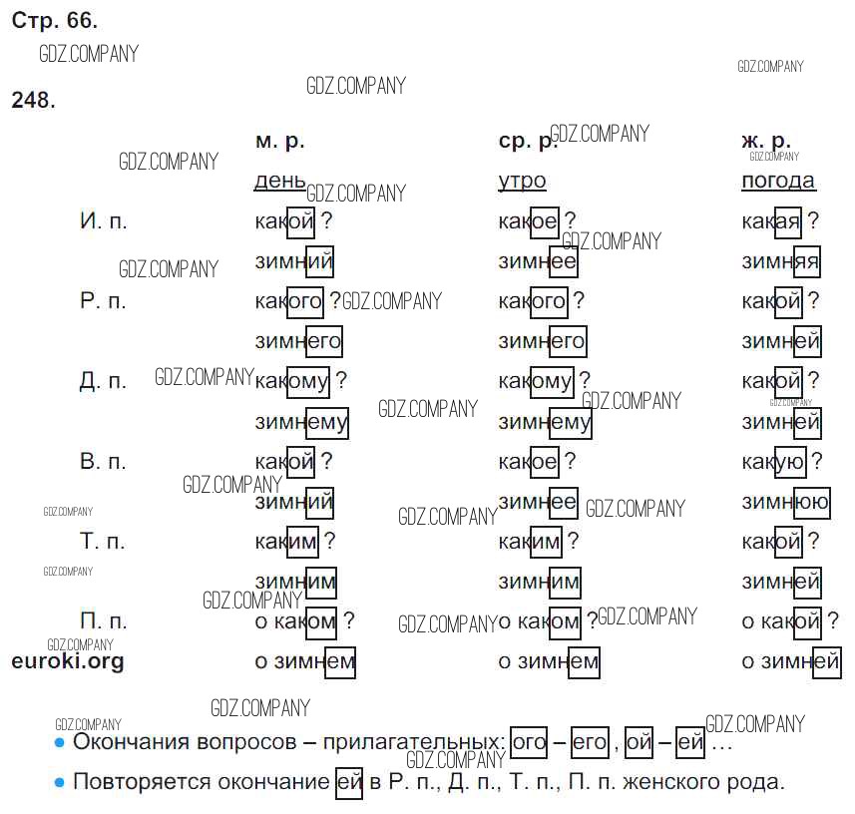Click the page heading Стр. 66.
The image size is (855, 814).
[x=55, y=21]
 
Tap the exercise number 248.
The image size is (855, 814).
[x=33, y=100]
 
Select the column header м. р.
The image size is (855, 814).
[x=279, y=142]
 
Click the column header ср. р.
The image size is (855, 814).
[x=528, y=142]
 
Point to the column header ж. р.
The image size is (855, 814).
[x=766, y=142]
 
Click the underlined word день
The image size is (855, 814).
[x=280, y=181]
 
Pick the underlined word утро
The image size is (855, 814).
[x=522, y=181]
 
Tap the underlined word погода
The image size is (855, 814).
[x=778, y=181]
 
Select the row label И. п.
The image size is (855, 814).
[x=103, y=221]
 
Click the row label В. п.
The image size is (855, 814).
[x=103, y=462]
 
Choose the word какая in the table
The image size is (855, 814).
[x=771, y=221]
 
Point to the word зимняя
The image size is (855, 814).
[x=781, y=261]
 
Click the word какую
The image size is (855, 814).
[x=774, y=462]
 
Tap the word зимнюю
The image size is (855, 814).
[x=786, y=502]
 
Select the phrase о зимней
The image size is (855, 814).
[x=791, y=662]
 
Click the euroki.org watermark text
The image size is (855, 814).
[x=68, y=661]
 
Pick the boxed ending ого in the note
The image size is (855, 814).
[x=529, y=742]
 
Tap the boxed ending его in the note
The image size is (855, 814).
[x=590, y=742]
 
